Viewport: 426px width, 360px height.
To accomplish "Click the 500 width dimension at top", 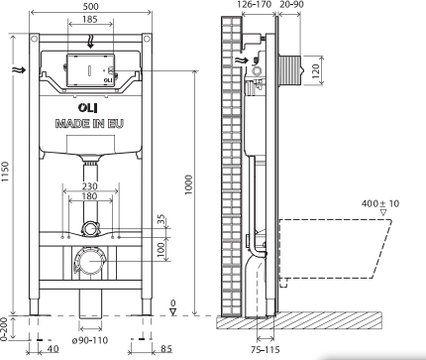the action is (x=90, y=6).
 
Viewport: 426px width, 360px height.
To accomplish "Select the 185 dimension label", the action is (x=90, y=19).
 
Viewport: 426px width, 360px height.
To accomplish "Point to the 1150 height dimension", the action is (x=5, y=172).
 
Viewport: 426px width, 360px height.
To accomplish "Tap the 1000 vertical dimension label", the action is (x=188, y=184).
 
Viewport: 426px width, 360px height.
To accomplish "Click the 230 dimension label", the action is (x=90, y=186).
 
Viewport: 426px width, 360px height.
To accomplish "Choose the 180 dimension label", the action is (x=90, y=196).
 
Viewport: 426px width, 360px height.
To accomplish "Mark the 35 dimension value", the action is (x=160, y=219).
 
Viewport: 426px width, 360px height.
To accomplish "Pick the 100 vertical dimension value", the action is (x=160, y=249).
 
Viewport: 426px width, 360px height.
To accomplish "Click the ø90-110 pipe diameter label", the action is (x=90, y=340).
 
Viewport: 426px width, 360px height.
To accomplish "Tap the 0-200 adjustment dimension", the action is (x=4, y=329).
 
